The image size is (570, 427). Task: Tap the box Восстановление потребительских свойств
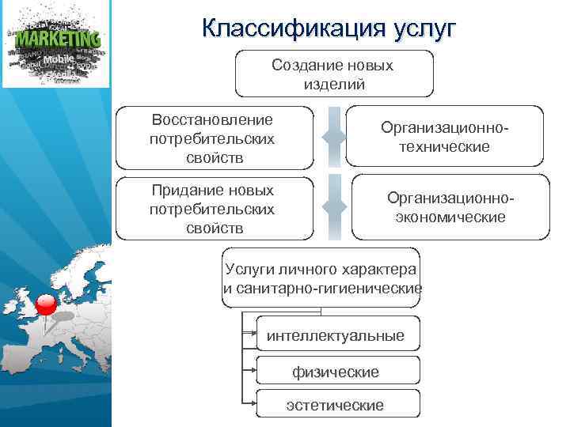[211, 138]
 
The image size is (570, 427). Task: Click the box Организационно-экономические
[450, 207]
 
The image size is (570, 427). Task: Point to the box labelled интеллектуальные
[335, 336]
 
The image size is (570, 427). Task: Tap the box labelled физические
[335, 371]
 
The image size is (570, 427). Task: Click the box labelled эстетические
[335, 406]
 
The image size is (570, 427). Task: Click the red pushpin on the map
[46, 304]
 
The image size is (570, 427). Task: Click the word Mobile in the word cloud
[59, 59]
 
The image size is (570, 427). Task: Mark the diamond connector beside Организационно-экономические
[334, 207]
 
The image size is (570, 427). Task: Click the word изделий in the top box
[333, 84]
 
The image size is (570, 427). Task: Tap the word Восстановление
[211, 120]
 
